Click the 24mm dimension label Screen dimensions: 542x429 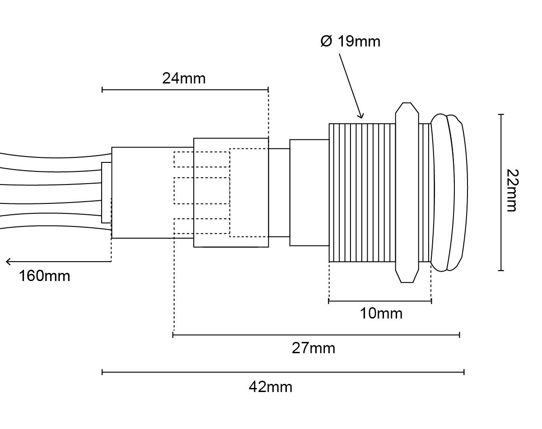[184, 78]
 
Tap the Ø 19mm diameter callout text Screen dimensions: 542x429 [350, 42]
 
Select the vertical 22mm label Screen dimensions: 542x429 [512, 190]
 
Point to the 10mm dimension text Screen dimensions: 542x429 [381, 314]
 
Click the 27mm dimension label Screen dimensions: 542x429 [313, 348]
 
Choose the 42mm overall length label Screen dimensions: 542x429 [271, 387]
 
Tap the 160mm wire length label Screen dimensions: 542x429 [45, 276]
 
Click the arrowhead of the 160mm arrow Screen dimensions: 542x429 [8, 262]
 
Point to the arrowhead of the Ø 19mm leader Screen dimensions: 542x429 [361, 115]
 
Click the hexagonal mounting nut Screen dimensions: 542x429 [407, 193]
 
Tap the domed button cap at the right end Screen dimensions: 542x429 [449, 193]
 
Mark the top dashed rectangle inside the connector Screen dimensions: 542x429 [202, 159]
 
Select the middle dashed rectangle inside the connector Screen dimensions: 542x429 [202, 191]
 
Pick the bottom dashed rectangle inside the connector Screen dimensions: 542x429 [202, 226]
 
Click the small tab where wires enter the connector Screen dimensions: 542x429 [106, 193]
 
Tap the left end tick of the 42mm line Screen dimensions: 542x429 [102, 372]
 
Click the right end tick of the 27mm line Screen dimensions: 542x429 [460, 335]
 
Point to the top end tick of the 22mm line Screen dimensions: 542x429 [501, 115]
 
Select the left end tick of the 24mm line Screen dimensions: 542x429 [102, 90]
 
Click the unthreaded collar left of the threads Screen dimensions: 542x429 [309, 193]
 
